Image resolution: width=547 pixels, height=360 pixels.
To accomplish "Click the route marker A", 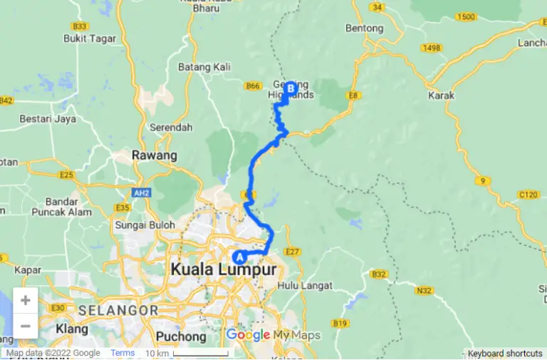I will [239, 257].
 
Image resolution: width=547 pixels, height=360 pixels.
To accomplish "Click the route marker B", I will [291, 88].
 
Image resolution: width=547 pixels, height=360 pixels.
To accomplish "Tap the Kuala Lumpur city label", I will [223, 270].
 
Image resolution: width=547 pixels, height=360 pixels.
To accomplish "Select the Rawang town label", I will [154, 155].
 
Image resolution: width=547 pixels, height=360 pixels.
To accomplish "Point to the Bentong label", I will [364, 29].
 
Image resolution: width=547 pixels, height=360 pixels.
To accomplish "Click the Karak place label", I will [441, 95].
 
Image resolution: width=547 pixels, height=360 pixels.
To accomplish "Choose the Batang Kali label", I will [204, 67].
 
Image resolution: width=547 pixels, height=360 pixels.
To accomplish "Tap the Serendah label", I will [171, 128].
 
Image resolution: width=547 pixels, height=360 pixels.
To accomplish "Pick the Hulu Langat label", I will [306, 286].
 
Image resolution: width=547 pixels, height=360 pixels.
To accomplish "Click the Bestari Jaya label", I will [48, 119].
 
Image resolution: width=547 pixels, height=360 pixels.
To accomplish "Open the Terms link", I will [123, 353].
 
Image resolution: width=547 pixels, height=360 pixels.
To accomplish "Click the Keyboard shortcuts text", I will [505, 354].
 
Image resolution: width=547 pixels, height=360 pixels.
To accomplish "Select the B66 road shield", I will [253, 86].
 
